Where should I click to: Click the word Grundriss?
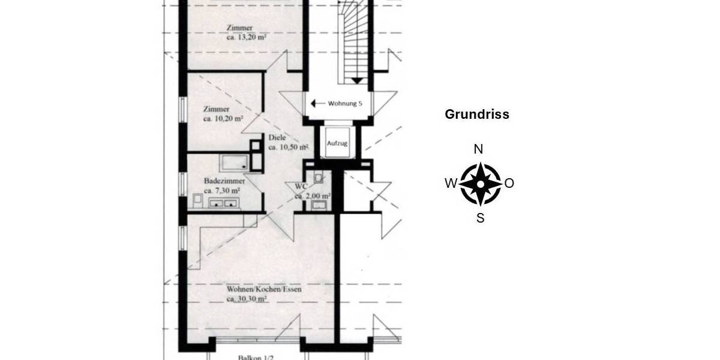pos(477,115)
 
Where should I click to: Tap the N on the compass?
pos(479,149)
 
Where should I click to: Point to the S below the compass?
pos(481,218)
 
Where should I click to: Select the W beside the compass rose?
pos(450,184)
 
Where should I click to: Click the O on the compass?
pos(509,184)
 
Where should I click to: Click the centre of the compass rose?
pos(480,184)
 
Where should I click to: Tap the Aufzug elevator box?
pos(337,143)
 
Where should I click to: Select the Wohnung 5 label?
pos(345,103)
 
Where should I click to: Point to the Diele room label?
pos(277,137)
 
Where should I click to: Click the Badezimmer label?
pos(224,181)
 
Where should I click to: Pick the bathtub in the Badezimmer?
pos(235,162)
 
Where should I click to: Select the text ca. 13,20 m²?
pos(246,37)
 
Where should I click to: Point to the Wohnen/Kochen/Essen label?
pos(264,289)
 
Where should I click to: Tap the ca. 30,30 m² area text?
pos(247,298)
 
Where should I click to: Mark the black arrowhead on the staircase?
pos(356,80)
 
